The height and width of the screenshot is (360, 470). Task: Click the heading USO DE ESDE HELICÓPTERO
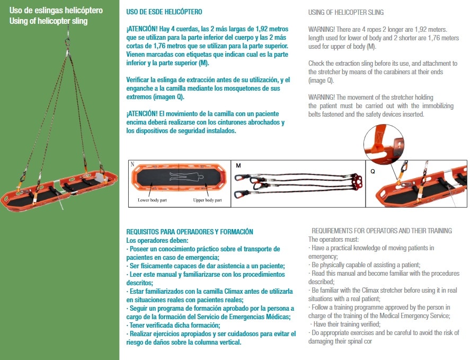[x=164, y=12]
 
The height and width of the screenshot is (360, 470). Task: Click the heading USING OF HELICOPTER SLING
[x=346, y=12]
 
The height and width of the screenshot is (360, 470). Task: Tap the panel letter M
[x=238, y=165]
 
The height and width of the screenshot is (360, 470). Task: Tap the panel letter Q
[x=373, y=171]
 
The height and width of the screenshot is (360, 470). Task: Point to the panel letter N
[x=132, y=164]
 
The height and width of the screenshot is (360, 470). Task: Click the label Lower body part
[x=152, y=200]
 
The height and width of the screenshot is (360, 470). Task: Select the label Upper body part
[x=207, y=200]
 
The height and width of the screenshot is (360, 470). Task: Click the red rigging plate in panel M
[x=356, y=182]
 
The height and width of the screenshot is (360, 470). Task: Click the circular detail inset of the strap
[x=384, y=145]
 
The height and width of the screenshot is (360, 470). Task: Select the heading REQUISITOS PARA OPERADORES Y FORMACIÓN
[x=190, y=232]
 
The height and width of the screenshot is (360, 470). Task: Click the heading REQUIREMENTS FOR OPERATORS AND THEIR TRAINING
[x=382, y=231]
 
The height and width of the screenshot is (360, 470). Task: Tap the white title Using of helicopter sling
[x=48, y=21]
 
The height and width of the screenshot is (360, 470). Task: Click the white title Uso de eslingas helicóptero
[x=56, y=11]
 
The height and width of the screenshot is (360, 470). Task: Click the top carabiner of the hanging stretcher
[x=68, y=40]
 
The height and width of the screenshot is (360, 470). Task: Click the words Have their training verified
[x=347, y=324]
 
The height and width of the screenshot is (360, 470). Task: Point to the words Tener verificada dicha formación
[x=175, y=325]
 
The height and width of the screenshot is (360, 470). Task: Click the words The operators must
[x=333, y=240]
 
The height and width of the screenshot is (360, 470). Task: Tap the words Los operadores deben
[x=157, y=240]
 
